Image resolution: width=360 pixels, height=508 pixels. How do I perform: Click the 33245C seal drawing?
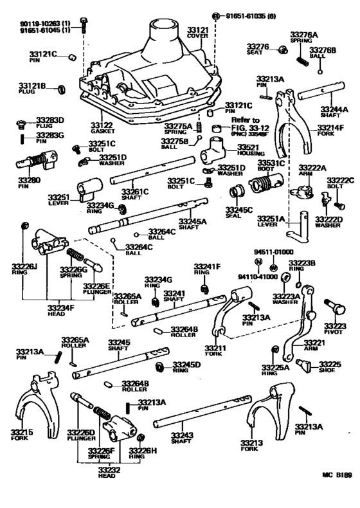237,193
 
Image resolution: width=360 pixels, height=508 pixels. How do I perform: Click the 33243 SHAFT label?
182,439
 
